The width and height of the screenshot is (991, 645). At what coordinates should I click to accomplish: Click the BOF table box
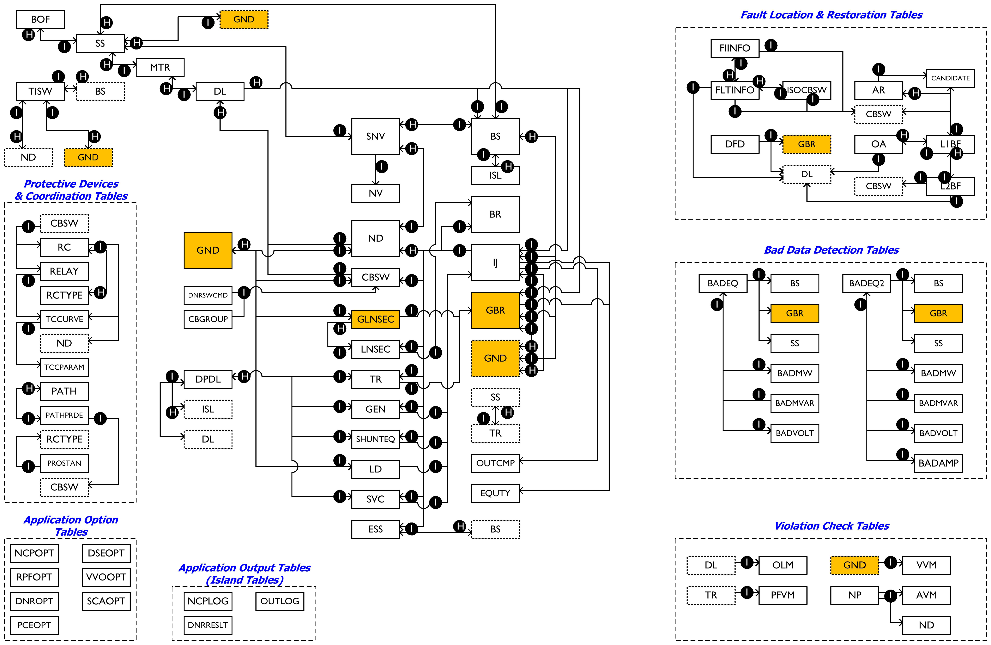40,20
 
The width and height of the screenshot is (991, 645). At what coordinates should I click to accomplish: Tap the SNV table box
376,137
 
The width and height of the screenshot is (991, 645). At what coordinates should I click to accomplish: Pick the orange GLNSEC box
376,319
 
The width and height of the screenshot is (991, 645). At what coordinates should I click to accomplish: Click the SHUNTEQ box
376,439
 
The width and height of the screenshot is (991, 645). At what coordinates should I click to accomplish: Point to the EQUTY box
496,493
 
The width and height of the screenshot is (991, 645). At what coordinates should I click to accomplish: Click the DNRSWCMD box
208,295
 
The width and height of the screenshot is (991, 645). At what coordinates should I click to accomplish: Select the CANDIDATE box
951,78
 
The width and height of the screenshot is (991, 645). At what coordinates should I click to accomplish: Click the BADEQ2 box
866,284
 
